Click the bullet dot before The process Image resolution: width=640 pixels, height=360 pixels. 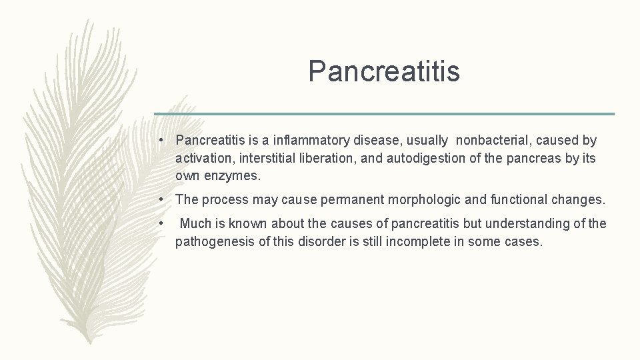pyautogui.click(x=162, y=199)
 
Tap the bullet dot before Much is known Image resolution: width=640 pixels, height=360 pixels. pyautogui.click(x=162, y=223)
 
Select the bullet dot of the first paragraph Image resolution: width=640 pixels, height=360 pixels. pyautogui.click(x=162, y=141)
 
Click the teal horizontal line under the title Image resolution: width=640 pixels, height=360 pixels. pyautogui.click(x=384, y=114)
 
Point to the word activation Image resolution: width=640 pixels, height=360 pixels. pyautogui.click(x=201, y=159)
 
